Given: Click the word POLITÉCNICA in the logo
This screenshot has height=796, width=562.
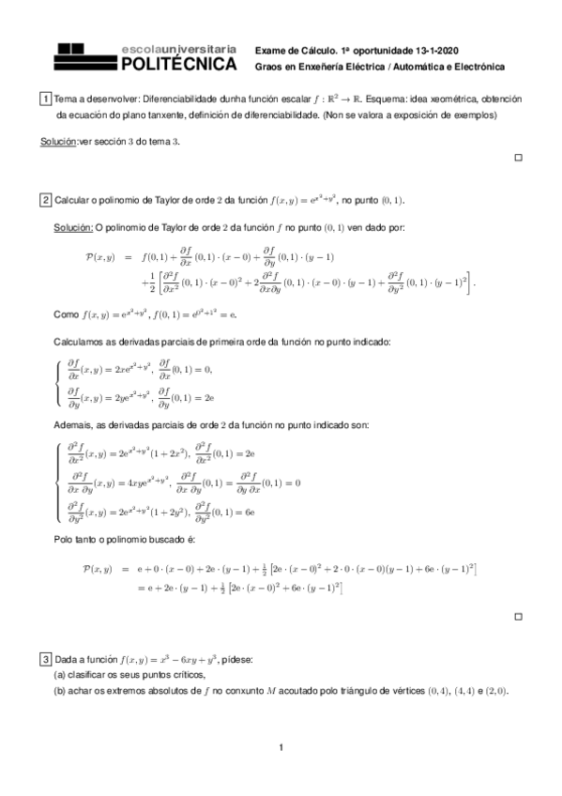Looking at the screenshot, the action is [x=179, y=64].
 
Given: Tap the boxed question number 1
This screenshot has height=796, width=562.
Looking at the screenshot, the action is [x=46, y=99].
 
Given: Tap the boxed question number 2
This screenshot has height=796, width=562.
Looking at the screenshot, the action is [x=46, y=200].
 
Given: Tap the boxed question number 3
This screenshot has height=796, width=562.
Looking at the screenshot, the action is [x=46, y=658].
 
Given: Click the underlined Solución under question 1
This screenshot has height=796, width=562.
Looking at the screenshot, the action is [x=59, y=140].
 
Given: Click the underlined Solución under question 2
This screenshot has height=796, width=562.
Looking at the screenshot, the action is [x=73, y=226].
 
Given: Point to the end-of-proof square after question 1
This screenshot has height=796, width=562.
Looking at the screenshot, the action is [x=518, y=158].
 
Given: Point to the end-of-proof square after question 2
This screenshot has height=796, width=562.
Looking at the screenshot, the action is [x=518, y=617].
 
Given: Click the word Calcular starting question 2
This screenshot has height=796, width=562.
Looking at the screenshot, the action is [x=73, y=200].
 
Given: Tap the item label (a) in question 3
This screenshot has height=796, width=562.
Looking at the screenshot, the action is [x=60, y=675].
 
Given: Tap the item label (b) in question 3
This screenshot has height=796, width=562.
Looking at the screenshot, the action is [x=60, y=692].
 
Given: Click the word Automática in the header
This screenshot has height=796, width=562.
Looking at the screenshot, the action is [x=419, y=67].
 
